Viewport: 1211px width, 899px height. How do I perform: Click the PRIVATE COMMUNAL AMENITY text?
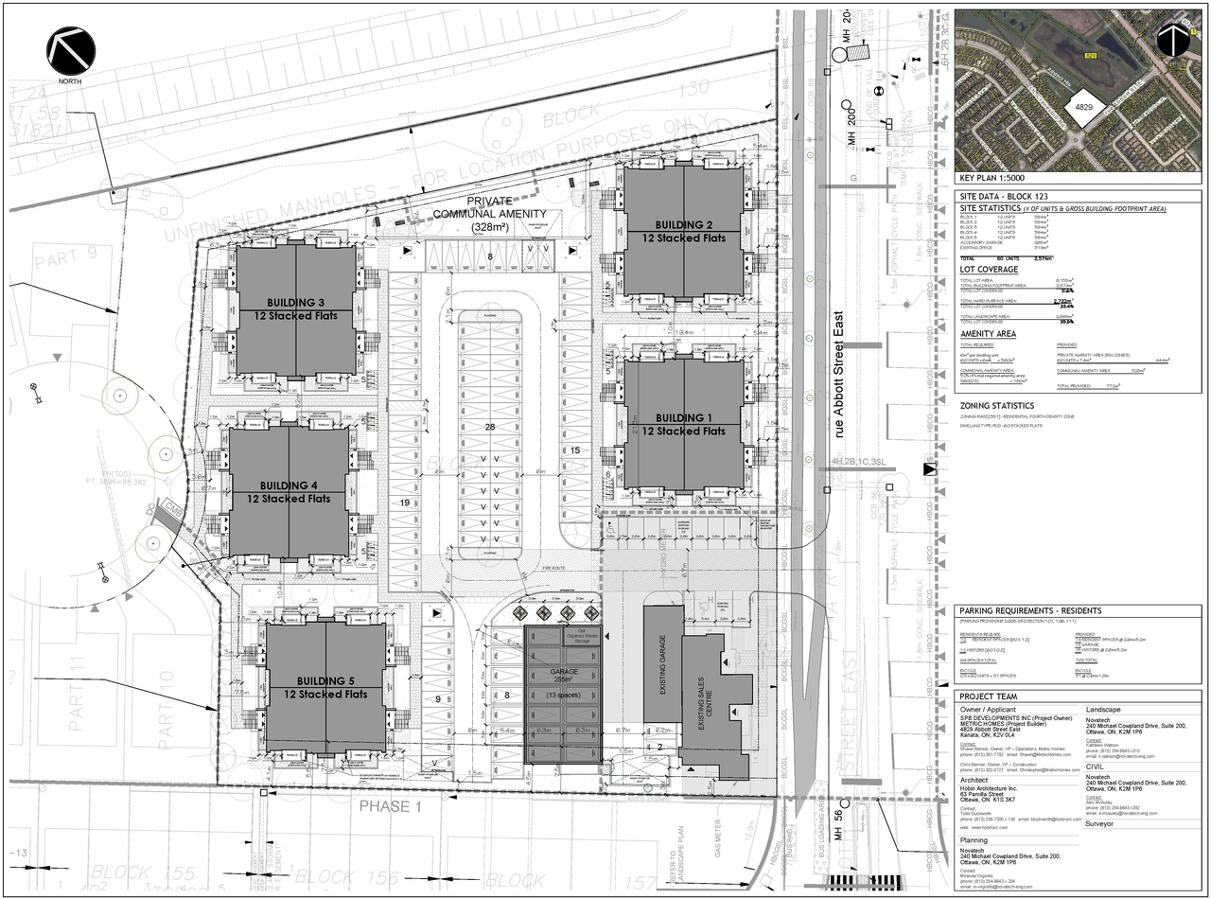(489, 214)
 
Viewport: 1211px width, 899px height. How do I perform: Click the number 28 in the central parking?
(489, 428)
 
